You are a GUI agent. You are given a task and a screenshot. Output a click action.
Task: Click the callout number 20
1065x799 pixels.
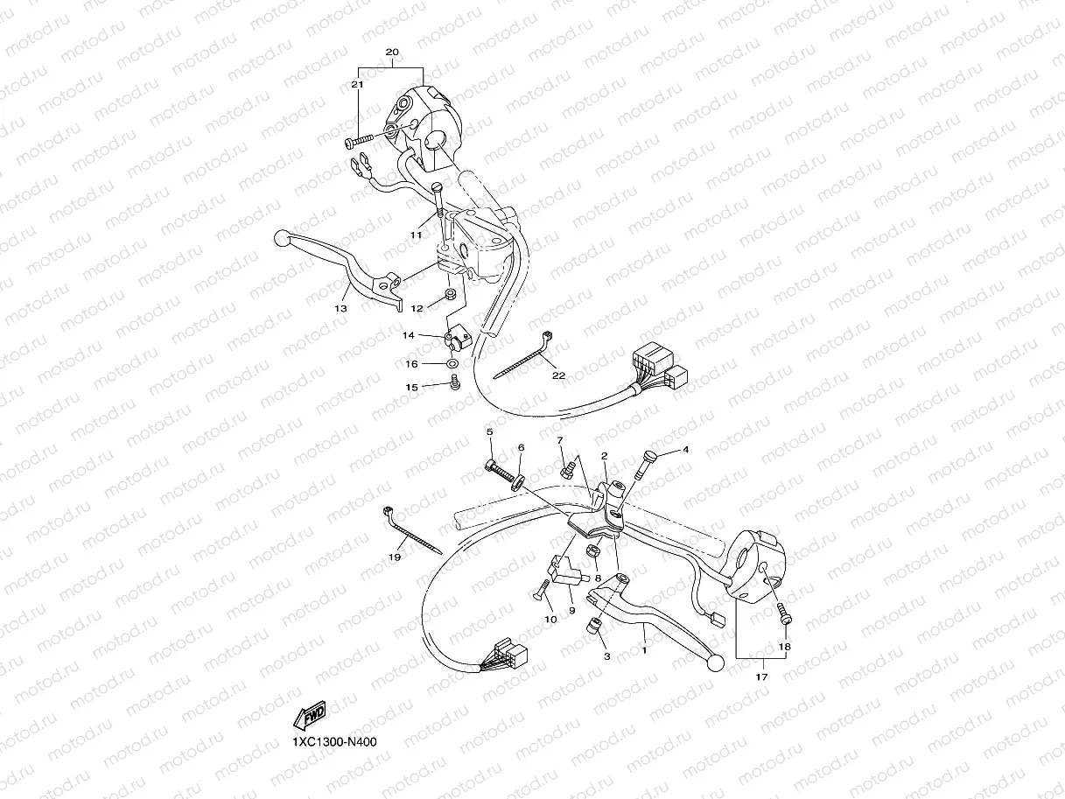click(392, 52)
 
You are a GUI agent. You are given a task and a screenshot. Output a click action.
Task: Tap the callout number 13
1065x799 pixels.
click(340, 309)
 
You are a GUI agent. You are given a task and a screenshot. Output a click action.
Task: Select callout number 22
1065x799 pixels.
click(558, 375)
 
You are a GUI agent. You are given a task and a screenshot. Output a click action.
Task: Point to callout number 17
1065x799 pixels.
click(761, 676)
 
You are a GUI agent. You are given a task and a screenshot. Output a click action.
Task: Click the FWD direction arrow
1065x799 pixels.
click(309, 716)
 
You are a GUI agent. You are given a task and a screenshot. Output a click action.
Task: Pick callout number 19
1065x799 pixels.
click(395, 557)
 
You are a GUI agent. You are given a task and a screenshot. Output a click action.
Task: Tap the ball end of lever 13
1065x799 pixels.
click(282, 238)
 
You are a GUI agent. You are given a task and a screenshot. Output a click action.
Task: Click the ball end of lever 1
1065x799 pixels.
click(715, 664)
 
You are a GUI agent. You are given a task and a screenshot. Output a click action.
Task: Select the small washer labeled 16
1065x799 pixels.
click(452, 364)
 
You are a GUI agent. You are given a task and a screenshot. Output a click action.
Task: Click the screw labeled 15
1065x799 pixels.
click(455, 385)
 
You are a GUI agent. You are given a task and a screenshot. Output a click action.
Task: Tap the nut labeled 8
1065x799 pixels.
click(592, 550)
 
